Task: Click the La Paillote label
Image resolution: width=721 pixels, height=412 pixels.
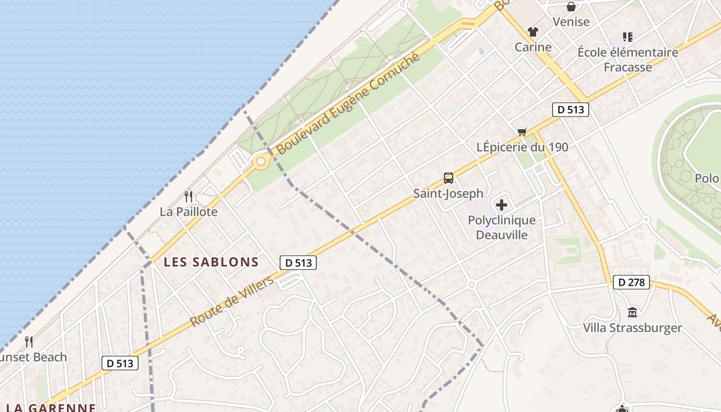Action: coord(188,212)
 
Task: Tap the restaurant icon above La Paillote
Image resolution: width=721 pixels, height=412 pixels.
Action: coord(188,196)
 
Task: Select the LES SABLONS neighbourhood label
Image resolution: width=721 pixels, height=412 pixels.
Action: coord(211,262)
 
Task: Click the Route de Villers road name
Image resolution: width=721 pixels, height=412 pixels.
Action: coord(232,301)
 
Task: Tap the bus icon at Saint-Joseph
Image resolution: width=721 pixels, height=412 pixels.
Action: coord(449,179)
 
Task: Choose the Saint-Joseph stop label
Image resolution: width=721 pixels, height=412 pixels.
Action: coord(449,194)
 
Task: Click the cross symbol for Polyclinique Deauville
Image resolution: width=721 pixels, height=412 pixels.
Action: coord(501,205)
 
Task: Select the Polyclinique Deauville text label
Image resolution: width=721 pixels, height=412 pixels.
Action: coord(502,228)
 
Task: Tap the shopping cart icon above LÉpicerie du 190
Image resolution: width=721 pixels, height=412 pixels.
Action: coord(522,132)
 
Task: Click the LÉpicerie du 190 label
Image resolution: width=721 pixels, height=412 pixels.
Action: coord(522,147)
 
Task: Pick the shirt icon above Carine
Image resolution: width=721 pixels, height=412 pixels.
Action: coord(533,32)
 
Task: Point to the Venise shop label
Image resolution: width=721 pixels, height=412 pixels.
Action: coord(571,22)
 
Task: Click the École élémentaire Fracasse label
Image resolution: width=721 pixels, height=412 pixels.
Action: coord(628,60)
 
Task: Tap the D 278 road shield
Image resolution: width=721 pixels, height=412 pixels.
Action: coord(631,282)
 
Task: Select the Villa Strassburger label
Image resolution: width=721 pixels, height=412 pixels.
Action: coord(632,328)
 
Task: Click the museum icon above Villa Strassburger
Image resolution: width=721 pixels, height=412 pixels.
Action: coord(632,312)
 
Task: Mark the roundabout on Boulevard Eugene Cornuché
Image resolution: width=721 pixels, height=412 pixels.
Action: coord(261,162)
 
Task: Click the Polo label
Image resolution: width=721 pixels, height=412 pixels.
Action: coord(707,179)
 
